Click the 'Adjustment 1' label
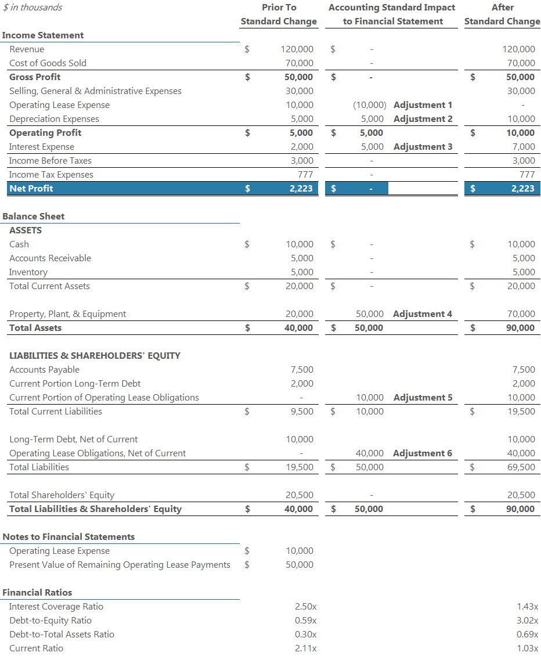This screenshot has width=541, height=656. click(422, 105)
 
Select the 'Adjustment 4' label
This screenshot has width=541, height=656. click(422, 314)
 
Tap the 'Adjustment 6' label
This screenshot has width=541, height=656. click(422, 453)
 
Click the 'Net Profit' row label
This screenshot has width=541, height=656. click(31, 189)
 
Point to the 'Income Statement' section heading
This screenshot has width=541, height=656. click(43, 35)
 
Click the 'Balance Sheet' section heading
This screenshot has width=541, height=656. click(34, 217)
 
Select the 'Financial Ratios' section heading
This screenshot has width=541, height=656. click(38, 593)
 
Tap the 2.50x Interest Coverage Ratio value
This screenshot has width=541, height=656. click(305, 607)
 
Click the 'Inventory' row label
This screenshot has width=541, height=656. click(28, 272)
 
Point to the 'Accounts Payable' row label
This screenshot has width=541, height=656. click(45, 370)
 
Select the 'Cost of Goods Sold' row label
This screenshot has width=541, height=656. click(48, 63)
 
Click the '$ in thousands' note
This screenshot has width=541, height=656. click(33, 8)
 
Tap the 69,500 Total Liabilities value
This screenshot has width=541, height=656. click(521, 467)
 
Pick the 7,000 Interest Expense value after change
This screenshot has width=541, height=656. click(524, 147)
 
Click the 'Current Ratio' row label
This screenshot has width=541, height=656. click(37, 648)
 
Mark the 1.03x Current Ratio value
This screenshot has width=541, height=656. click(527, 648)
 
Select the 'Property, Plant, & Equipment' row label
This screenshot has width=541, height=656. click(68, 314)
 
